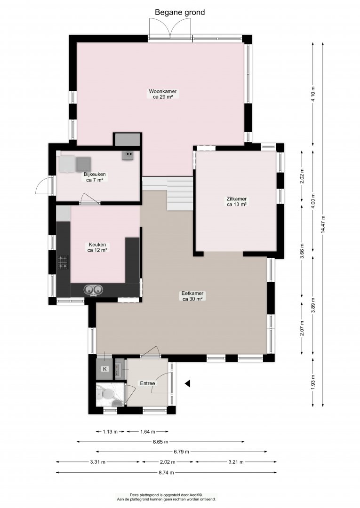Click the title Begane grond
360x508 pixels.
pos(180,13)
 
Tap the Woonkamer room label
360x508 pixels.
pos(163,94)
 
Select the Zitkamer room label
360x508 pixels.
pos(237,201)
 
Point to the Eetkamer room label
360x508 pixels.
pos(192,296)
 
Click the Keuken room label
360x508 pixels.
pos(97,247)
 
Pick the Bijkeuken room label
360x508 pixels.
pos(95,177)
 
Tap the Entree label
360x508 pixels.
pos(147,383)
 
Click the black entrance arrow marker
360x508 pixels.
pos(187,384)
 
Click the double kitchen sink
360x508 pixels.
pos(93,290)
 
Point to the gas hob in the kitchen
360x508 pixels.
pos(63,262)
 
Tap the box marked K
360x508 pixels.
pos(104,369)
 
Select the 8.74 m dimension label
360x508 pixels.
pos(166,472)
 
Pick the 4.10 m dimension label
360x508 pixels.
pos(313,94)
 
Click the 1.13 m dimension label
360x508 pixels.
pos(111,431)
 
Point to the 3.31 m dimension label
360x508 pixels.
pos(97,462)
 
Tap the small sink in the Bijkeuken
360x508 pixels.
pos(128,155)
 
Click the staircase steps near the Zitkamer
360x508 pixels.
pos(180,193)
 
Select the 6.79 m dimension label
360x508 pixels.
pos(181,452)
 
